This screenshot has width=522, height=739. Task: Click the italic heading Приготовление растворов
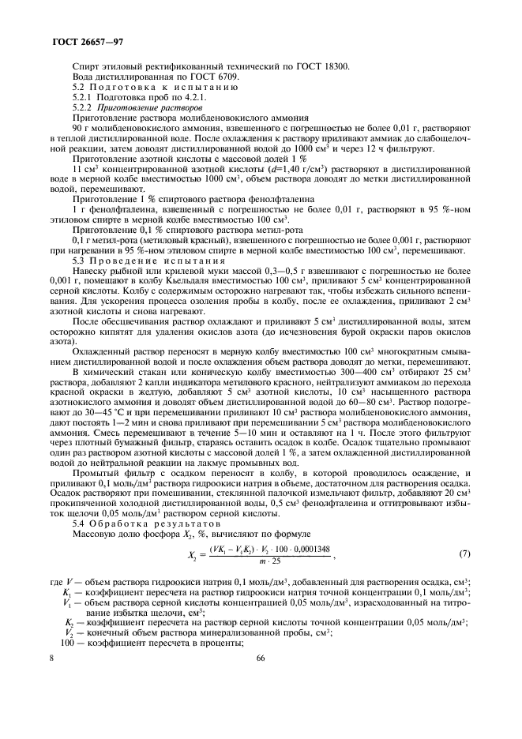point(151,107)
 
